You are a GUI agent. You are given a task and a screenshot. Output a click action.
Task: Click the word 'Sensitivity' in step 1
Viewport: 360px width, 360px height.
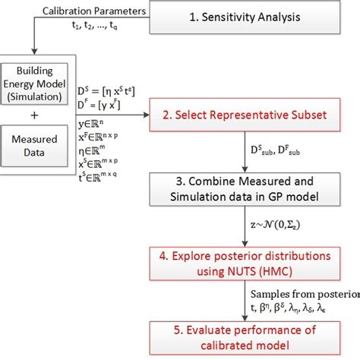tap(254, 16)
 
